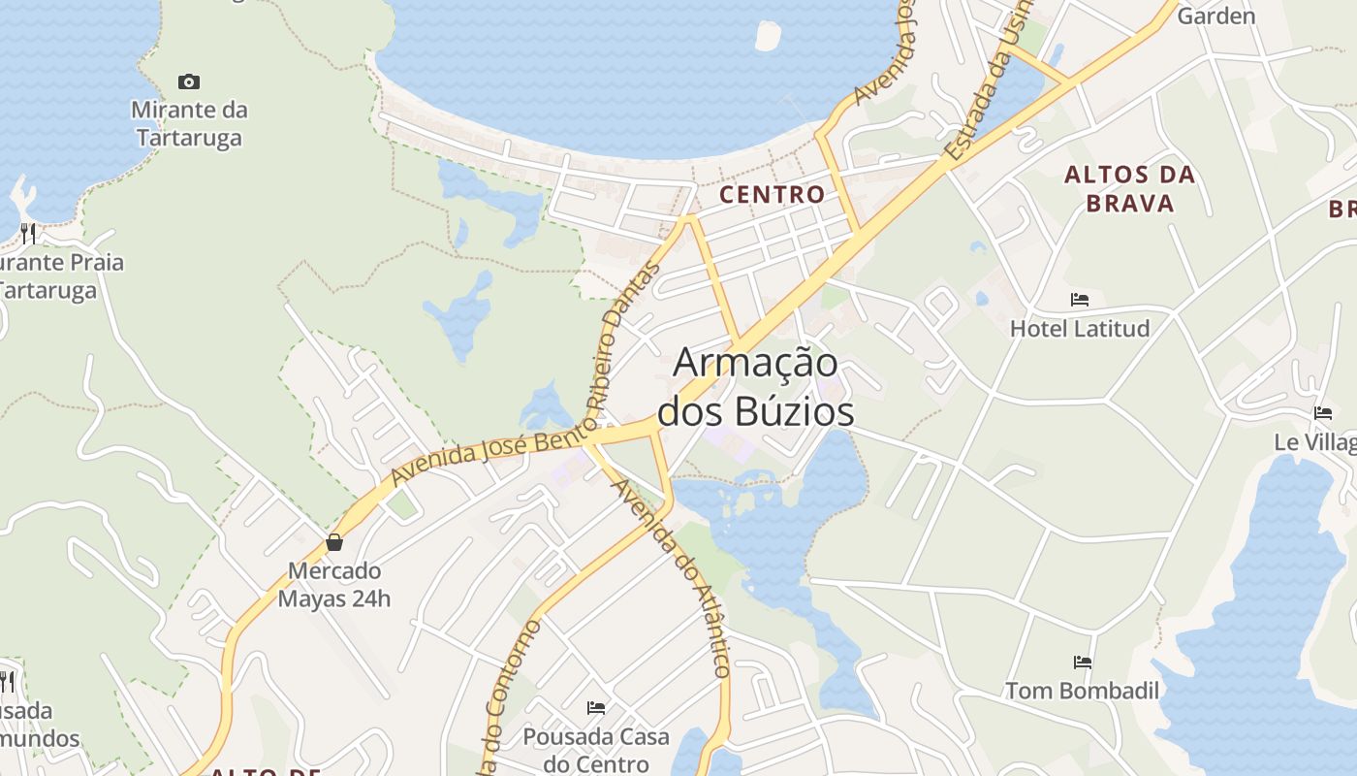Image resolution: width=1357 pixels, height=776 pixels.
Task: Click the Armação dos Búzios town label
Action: (x=755, y=387)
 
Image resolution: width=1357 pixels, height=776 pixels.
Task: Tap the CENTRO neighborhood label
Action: (x=772, y=194)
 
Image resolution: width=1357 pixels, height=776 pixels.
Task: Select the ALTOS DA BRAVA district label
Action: (x=1129, y=189)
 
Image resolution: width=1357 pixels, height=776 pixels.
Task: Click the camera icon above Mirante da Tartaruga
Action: (x=189, y=81)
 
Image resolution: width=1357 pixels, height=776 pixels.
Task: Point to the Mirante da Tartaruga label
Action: (x=189, y=123)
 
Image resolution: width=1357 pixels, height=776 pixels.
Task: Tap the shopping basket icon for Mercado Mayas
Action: (x=334, y=542)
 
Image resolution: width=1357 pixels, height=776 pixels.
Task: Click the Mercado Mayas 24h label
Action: (x=334, y=585)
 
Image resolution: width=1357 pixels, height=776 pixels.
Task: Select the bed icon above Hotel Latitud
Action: (x=1080, y=300)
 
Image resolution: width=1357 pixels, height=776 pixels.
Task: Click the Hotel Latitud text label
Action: (x=1080, y=329)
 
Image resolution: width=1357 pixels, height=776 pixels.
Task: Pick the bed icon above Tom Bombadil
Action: (x=1083, y=663)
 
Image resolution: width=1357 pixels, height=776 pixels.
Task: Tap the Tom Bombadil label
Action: (x=1082, y=691)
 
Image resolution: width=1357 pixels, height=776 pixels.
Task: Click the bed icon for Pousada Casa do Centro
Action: (x=596, y=708)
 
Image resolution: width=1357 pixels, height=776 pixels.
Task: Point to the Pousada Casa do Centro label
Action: (x=596, y=750)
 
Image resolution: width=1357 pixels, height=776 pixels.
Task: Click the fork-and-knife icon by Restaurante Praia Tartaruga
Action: (x=28, y=233)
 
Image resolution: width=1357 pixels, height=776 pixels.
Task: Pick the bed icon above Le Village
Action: (x=1323, y=413)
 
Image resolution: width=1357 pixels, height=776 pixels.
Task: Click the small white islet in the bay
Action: (x=768, y=36)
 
